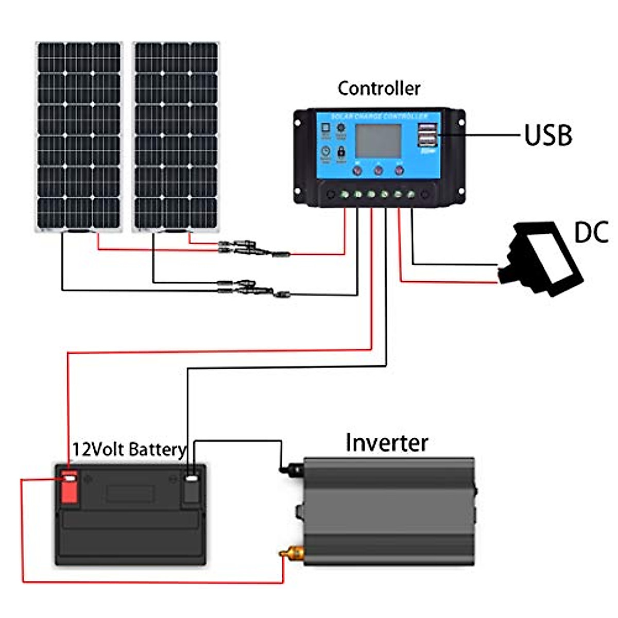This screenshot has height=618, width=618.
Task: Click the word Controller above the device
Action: pos(379,89)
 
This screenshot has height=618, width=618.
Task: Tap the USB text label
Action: pos(548,135)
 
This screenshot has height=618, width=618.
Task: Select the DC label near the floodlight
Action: pos(591,232)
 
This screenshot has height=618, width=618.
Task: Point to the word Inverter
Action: pos(386,443)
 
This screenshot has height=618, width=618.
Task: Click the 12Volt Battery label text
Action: pos(128,450)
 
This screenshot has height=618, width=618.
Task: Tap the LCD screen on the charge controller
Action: pos(379,141)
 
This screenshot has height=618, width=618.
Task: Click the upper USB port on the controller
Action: pos(427,128)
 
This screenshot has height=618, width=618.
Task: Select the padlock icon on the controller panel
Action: pos(341,152)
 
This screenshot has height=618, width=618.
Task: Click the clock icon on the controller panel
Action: pos(325,151)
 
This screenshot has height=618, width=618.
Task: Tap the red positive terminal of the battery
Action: pos(70,486)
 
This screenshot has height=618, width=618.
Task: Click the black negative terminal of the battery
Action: pos(191,486)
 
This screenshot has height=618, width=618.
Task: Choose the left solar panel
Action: pos(79,136)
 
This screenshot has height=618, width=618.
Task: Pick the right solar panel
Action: pos(176,136)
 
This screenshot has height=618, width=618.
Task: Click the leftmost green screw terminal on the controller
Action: pos(345,195)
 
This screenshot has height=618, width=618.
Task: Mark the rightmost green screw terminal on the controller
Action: pos(411,195)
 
